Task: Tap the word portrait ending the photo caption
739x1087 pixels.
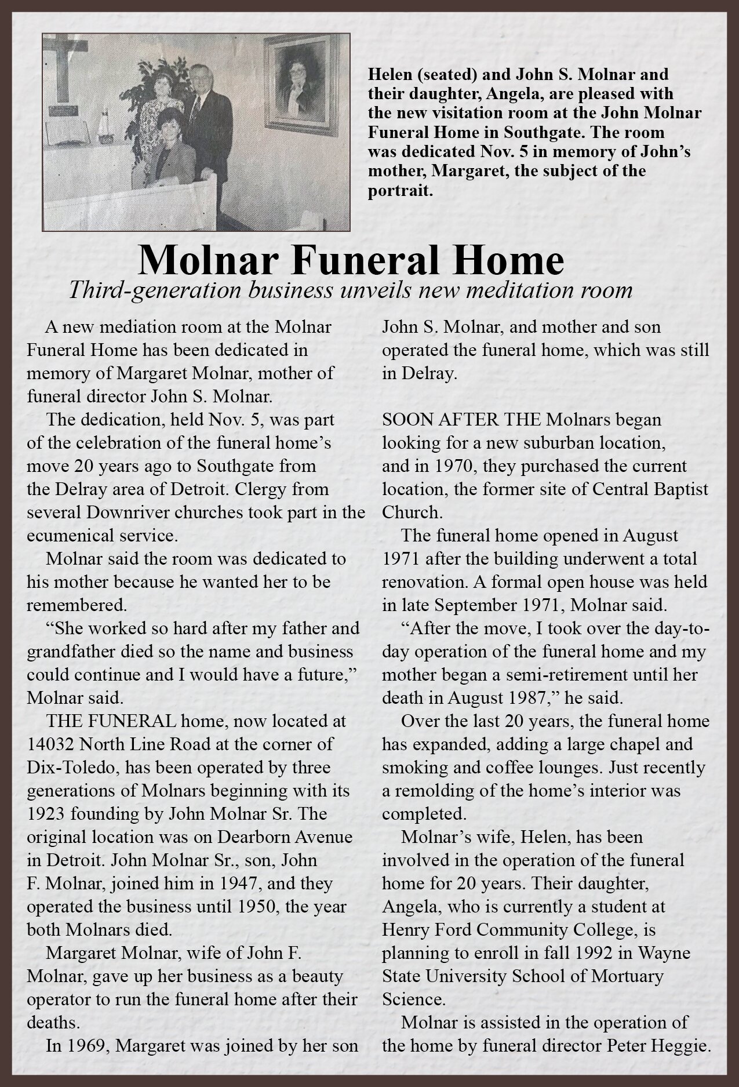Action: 400,191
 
